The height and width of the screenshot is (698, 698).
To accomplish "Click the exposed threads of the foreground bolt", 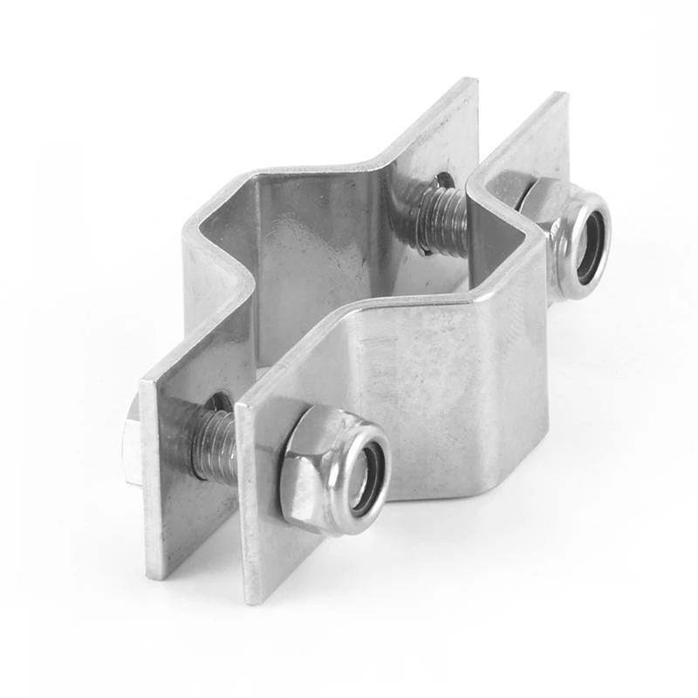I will pos(213,445).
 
